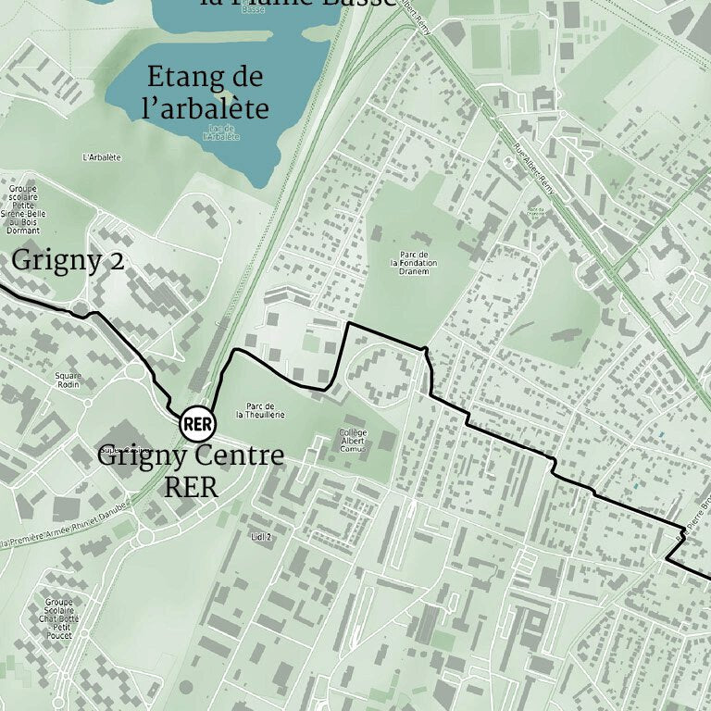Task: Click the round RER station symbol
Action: [195, 424]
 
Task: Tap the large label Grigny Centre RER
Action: [192, 470]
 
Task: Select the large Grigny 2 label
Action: [68, 261]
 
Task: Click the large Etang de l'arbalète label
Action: [206, 93]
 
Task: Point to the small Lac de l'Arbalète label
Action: [220, 133]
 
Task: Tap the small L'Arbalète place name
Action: [102, 157]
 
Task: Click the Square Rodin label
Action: [69, 380]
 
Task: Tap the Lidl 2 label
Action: [262, 536]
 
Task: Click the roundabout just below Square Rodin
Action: [88, 404]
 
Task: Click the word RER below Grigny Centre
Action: [191, 487]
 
